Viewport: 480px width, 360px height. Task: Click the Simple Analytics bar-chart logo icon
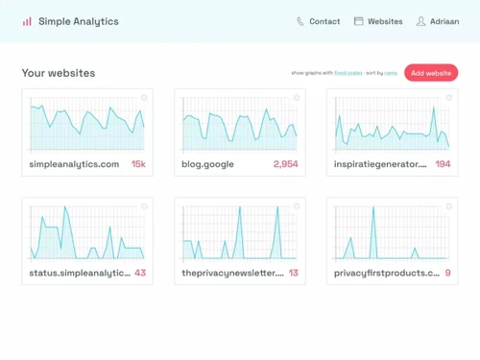(27, 21)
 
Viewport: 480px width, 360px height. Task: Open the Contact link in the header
(324, 21)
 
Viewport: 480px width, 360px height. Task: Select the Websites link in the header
(385, 21)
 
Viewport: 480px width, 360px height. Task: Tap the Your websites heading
(59, 73)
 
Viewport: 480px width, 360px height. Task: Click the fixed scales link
(347, 73)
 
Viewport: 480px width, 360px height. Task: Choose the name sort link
(391, 73)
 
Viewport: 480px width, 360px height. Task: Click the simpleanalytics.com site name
(74, 164)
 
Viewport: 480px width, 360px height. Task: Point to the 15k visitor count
(138, 164)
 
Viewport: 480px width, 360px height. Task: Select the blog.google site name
(207, 164)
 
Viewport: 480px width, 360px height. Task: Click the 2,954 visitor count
(285, 164)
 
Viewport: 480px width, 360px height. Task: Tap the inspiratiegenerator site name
(379, 164)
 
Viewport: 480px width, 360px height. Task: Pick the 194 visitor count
(443, 164)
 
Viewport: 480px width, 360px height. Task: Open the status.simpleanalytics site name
(79, 273)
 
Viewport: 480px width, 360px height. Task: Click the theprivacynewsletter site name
(232, 273)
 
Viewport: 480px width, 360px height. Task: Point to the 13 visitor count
(293, 273)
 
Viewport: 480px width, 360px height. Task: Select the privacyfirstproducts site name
(386, 273)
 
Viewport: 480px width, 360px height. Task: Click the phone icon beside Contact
(300, 21)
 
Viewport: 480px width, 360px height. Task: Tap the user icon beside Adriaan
(420, 21)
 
